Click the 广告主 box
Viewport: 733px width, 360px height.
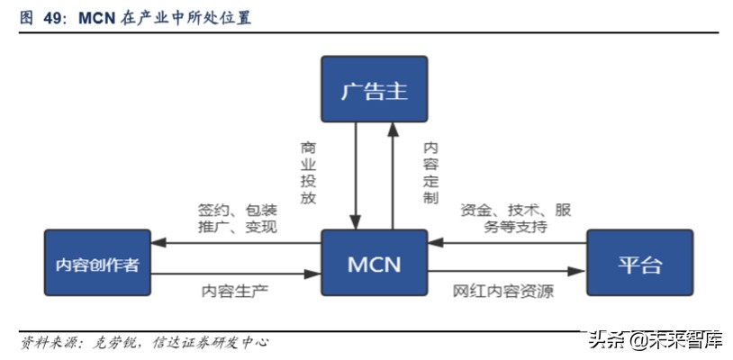(374, 90)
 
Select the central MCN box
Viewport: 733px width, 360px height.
(374, 264)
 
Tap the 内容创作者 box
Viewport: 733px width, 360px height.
(97, 264)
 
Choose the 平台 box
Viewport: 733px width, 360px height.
(639, 264)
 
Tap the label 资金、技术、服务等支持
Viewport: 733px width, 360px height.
(515, 219)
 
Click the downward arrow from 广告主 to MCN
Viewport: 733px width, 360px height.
(357, 175)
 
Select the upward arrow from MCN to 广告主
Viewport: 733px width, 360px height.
(392, 175)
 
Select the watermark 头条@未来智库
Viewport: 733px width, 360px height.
(655, 341)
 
